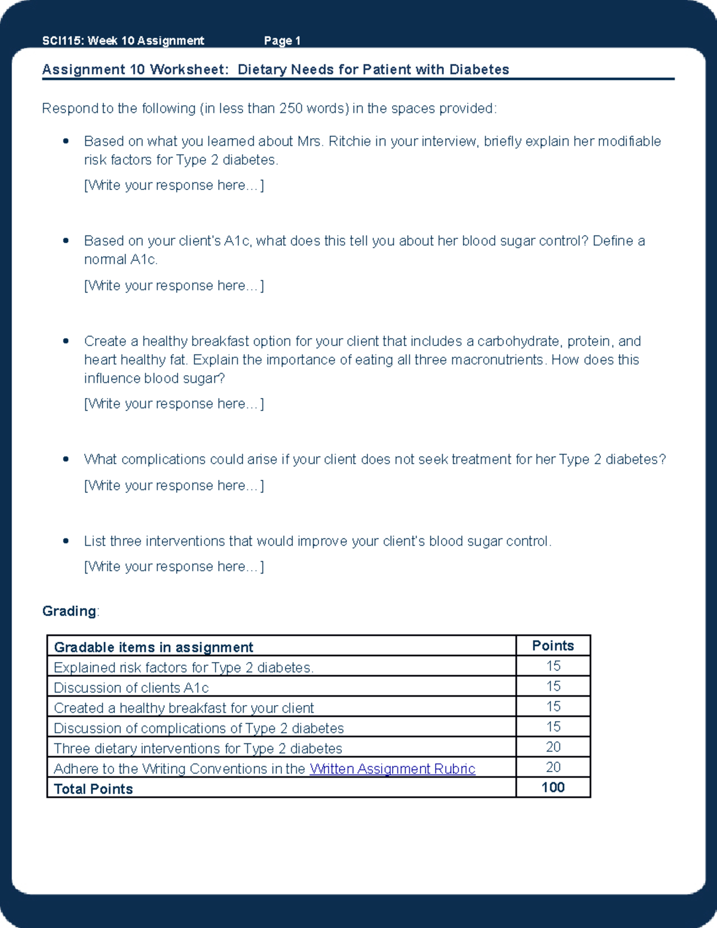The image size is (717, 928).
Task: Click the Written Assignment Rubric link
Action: coord(392,768)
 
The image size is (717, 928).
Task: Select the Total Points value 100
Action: coord(553,788)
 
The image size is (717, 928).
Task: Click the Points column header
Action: coord(553,646)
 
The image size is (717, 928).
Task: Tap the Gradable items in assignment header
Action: coord(154,647)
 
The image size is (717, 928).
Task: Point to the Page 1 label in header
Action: coord(282,41)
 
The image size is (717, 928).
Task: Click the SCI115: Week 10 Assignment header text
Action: coord(123,41)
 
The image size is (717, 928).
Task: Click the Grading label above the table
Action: coord(69,611)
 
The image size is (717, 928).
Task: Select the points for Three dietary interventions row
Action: coord(553,747)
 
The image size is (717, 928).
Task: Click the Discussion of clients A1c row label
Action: coord(131,688)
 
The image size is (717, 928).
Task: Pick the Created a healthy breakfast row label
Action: coord(183,708)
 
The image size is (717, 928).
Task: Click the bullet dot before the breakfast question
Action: coord(66,341)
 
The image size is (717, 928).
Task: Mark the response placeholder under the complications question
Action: coord(174,485)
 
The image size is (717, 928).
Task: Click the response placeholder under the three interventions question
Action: coord(174,566)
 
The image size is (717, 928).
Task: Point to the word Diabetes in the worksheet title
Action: coord(479,69)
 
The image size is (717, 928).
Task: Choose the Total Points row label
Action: coord(93,789)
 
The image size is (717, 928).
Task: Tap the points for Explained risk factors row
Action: coord(553,666)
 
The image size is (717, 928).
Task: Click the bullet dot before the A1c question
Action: coord(66,241)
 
